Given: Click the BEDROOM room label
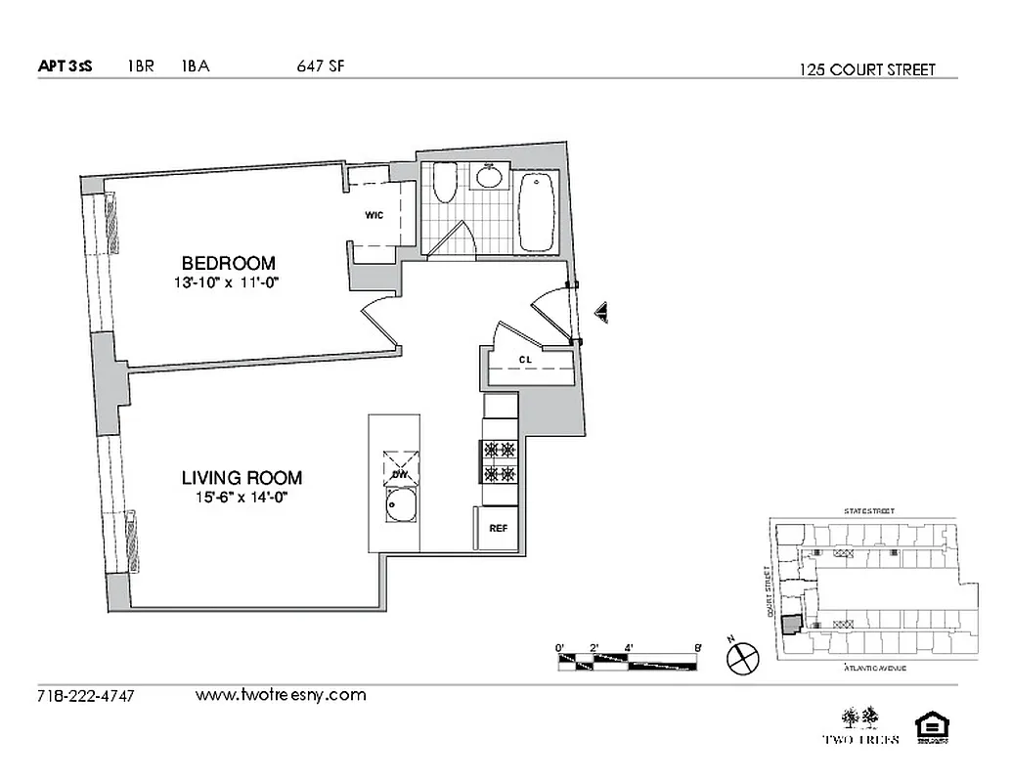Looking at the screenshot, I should click(x=228, y=263).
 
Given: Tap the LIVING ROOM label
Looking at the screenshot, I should click(x=242, y=478).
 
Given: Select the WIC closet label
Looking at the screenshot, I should click(x=374, y=215).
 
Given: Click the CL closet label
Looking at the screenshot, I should click(x=525, y=359).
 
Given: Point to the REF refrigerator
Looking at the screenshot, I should click(x=498, y=528).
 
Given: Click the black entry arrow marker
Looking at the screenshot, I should click(x=602, y=313).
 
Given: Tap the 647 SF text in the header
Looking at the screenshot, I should click(x=319, y=67).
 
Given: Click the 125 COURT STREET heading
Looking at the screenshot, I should click(x=866, y=69).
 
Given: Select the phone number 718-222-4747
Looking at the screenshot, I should click(x=85, y=696).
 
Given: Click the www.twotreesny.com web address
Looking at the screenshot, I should click(x=281, y=695).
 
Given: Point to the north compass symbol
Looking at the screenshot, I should click(x=742, y=658).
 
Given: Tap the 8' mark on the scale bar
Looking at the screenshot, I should click(x=697, y=647).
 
